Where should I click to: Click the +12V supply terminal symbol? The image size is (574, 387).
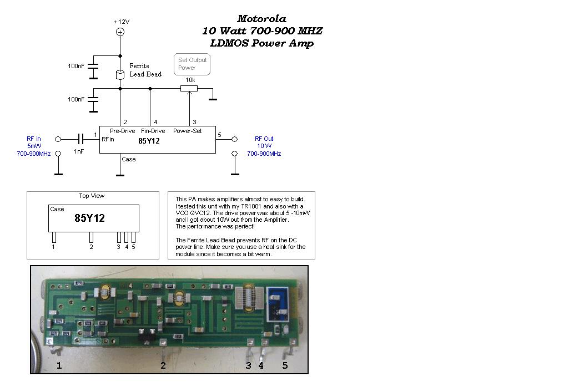pyautogui.click(x=120, y=32)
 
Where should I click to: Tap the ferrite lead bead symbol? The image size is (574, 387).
pyautogui.click(x=120, y=74)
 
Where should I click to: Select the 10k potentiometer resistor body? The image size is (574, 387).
pyautogui.click(x=189, y=88)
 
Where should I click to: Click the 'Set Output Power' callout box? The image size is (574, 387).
pyautogui.click(x=192, y=64)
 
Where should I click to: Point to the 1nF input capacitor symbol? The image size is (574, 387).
pyautogui.click(x=81, y=139)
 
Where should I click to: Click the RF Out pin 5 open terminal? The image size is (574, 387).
pyautogui.click(x=235, y=139)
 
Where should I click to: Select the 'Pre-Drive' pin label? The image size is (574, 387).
pyautogui.click(x=122, y=131)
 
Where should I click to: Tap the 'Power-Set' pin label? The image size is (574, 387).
pyautogui.click(x=188, y=131)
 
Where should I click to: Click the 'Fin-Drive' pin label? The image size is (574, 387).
pyautogui.click(x=153, y=131)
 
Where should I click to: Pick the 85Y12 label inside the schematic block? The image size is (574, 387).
pyautogui.click(x=149, y=141)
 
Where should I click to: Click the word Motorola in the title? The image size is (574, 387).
pyautogui.click(x=261, y=19)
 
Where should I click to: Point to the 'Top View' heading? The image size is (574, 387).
pyautogui.click(x=92, y=196)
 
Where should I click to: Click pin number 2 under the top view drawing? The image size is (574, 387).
pyautogui.click(x=91, y=247)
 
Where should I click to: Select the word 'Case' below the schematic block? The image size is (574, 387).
pyautogui.click(x=128, y=159)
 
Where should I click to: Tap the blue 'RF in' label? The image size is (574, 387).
pyautogui.click(x=34, y=139)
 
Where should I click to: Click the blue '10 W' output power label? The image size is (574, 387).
pyautogui.click(x=264, y=146)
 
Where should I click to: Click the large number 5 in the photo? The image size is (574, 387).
pyautogui.click(x=285, y=365)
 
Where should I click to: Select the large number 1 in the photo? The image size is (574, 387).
pyautogui.click(x=59, y=365)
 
